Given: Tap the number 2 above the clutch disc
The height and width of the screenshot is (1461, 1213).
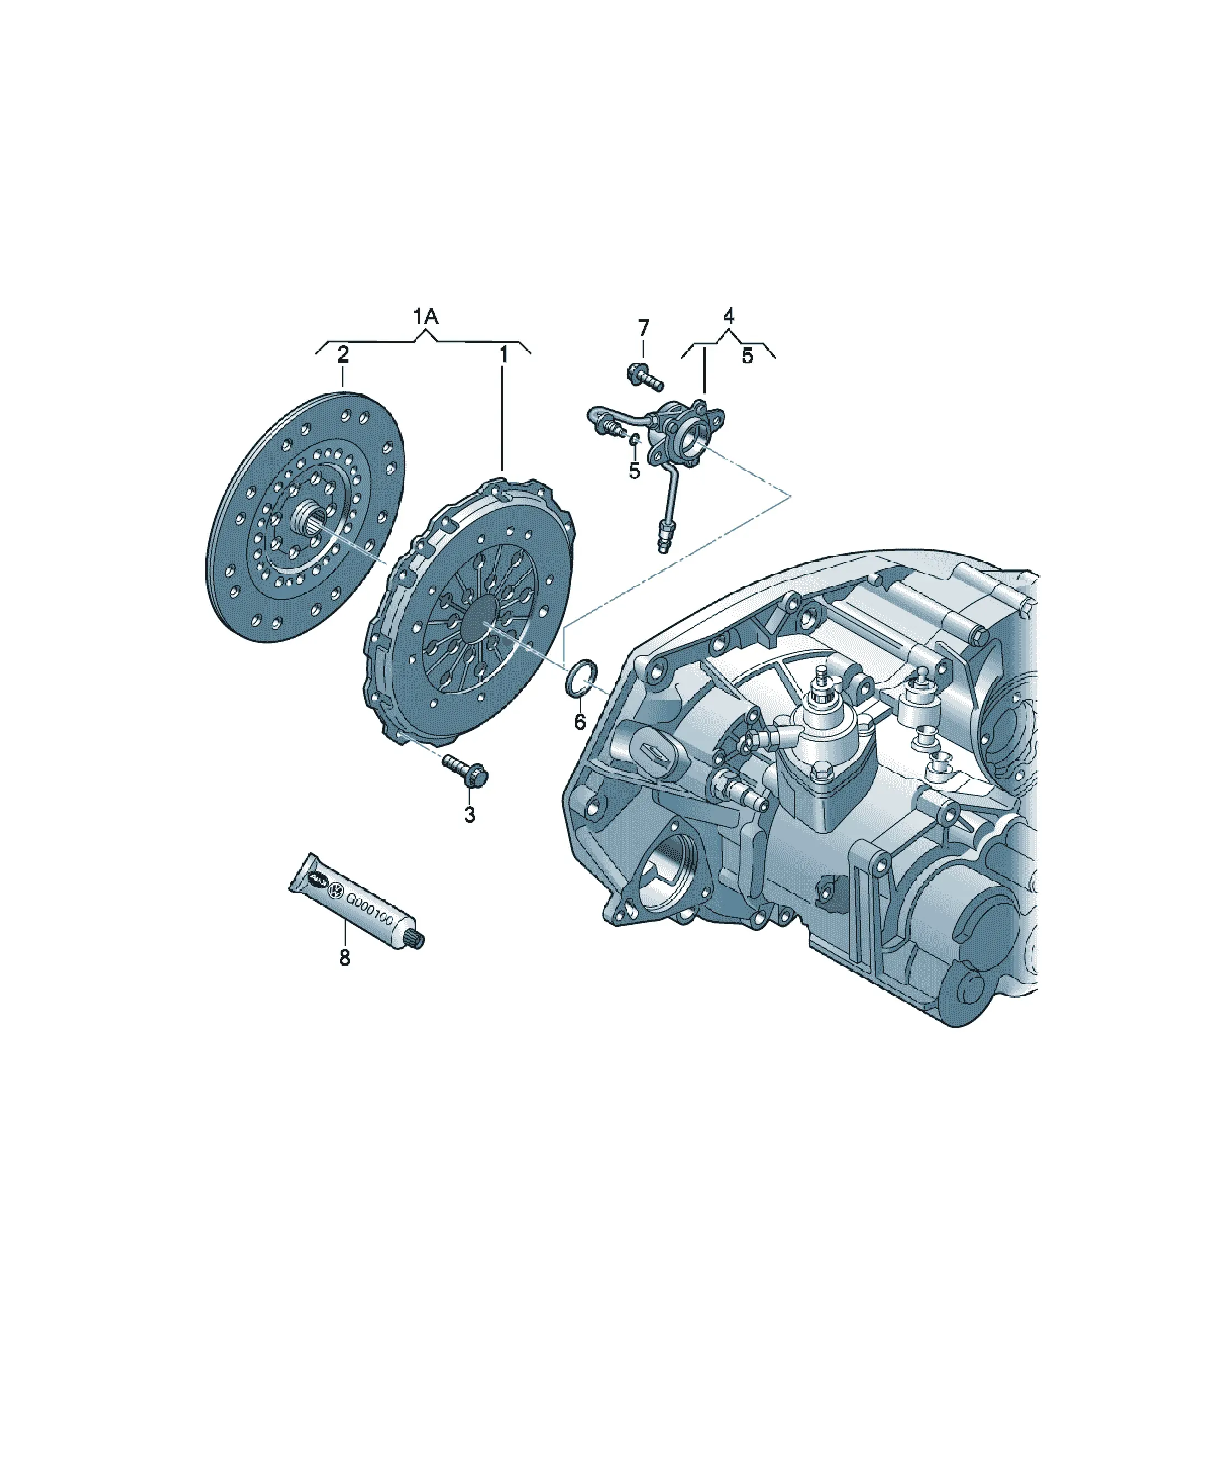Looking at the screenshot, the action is pos(343,355).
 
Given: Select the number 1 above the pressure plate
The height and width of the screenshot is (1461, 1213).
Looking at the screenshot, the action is pos(503,355).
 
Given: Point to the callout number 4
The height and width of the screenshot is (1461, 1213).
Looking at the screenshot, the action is pos(728,316).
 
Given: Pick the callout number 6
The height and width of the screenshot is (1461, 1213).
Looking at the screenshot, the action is pos(580,722).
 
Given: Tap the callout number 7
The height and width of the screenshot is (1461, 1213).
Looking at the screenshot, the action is pos(643,328).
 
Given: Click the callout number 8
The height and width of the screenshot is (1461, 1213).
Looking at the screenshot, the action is pos(345,958).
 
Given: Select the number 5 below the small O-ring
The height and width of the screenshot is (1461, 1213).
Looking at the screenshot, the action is pos(633,471).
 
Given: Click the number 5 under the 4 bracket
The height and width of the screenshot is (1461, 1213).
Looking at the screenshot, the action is pos(747,356).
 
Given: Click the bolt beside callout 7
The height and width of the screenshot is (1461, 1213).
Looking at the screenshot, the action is pos(645,376).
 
